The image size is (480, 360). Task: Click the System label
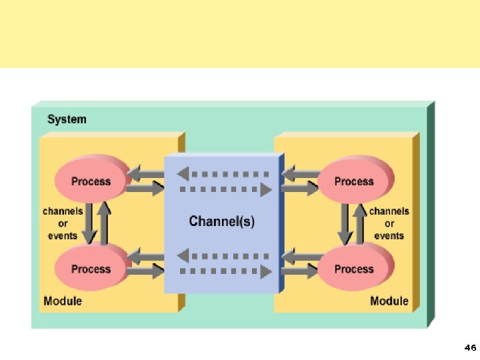[x=67, y=120]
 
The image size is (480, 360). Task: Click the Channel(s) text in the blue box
[x=221, y=221]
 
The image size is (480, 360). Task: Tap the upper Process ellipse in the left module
[x=91, y=181]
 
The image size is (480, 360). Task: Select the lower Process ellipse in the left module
[x=91, y=269]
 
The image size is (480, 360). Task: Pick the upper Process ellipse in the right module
[x=354, y=181]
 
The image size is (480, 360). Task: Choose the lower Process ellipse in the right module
[x=354, y=269]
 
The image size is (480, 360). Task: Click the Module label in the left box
[x=63, y=301]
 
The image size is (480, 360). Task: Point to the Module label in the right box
[x=389, y=301]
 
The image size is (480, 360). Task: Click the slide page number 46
[x=469, y=348]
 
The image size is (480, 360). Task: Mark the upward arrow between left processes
[x=104, y=221]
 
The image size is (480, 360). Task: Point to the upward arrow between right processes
[x=359, y=221]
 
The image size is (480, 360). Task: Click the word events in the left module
[x=63, y=235]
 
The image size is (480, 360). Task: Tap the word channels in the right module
[x=389, y=211]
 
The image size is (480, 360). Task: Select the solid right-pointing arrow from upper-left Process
[x=145, y=189]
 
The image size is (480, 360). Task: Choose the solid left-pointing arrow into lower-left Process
[x=145, y=256]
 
